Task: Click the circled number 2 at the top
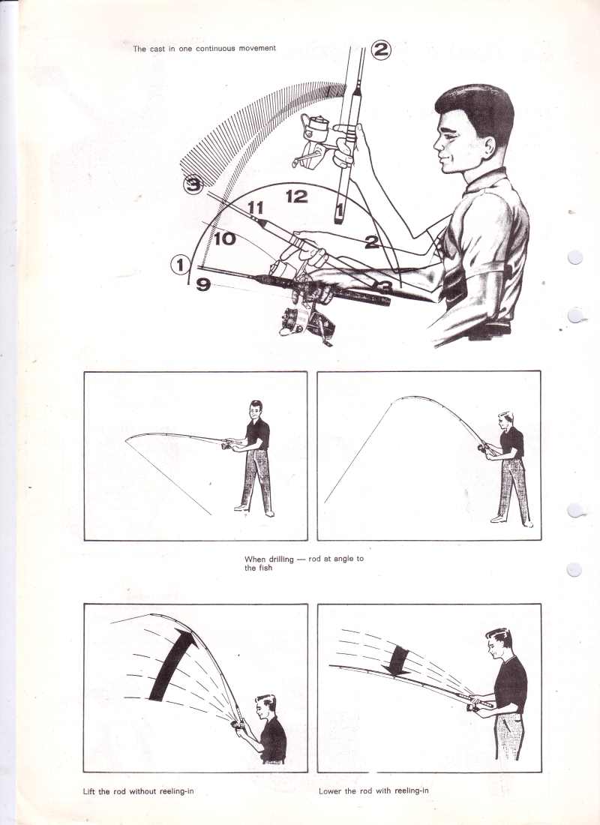pyautogui.click(x=381, y=49)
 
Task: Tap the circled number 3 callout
pyautogui.click(x=193, y=184)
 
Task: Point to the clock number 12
pyautogui.click(x=296, y=196)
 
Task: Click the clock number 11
pyautogui.click(x=255, y=207)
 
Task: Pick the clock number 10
pyautogui.click(x=225, y=238)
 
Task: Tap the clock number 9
pyautogui.click(x=203, y=285)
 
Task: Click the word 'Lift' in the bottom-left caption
pyautogui.click(x=89, y=790)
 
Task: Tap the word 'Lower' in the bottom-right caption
pyautogui.click(x=329, y=790)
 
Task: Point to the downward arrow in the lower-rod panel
pyautogui.click(x=398, y=661)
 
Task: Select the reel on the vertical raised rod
pyautogui.click(x=315, y=139)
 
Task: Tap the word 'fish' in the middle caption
pyautogui.click(x=265, y=568)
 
